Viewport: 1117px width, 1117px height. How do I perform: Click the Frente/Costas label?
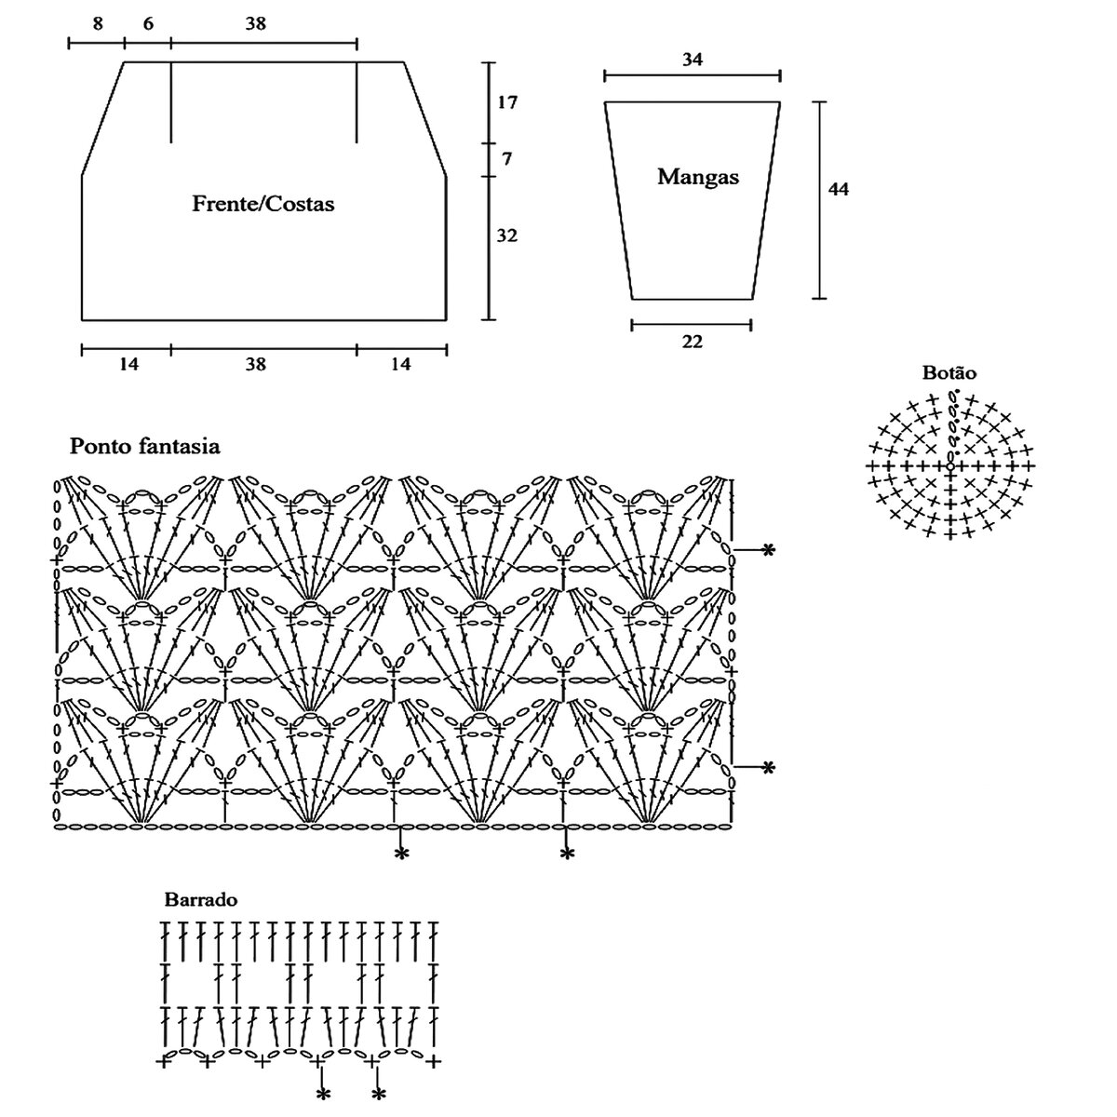(262, 203)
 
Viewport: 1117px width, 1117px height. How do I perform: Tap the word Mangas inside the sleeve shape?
(698, 176)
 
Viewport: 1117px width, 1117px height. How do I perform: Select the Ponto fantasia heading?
(145, 447)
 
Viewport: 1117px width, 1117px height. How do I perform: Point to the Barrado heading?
(201, 900)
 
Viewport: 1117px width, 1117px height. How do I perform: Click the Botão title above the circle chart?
(949, 373)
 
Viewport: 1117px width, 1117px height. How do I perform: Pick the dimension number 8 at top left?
(98, 24)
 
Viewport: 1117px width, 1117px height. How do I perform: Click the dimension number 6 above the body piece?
(148, 24)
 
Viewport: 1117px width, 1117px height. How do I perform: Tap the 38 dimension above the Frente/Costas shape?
(256, 24)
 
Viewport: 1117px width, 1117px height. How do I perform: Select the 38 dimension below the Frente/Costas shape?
(256, 365)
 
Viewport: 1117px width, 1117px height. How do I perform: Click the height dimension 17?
(507, 102)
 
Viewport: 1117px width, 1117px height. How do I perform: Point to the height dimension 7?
(507, 159)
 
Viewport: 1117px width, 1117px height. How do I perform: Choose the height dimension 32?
(507, 236)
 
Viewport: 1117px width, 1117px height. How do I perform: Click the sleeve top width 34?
(692, 60)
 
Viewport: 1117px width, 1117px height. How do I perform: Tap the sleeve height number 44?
(839, 189)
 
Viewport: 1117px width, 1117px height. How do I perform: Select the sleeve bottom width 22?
(692, 342)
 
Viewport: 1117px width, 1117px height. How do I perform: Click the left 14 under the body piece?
(128, 365)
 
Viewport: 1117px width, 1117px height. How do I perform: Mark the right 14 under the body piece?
(400, 365)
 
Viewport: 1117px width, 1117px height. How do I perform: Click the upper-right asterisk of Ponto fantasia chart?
(768, 550)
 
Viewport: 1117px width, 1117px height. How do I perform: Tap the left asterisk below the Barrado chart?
(322, 1095)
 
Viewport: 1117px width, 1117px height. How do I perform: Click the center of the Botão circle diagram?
(949, 464)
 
